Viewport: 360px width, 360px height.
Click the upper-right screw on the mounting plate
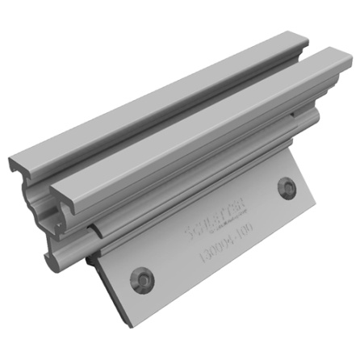tap(287, 188)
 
